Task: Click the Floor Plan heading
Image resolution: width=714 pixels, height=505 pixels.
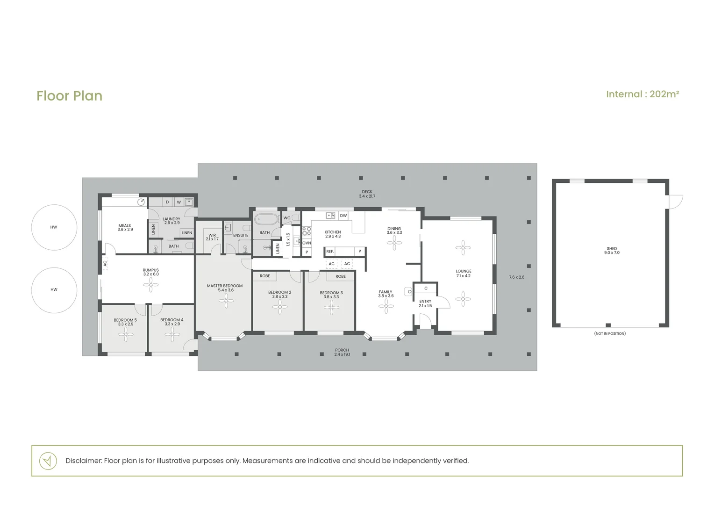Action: [x=70, y=96]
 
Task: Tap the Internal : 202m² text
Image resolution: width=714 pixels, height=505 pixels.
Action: [x=643, y=94]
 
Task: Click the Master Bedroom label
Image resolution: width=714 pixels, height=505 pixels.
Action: [x=225, y=286]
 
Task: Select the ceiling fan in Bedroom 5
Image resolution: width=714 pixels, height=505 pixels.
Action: [x=126, y=335]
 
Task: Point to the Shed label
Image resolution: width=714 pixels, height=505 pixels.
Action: [x=612, y=248]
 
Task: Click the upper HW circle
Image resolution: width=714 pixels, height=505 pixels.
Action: [x=54, y=227]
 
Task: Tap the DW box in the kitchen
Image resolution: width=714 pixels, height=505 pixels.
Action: [x=343, y=216]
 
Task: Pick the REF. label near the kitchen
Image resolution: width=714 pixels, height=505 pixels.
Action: [x=330, y=252]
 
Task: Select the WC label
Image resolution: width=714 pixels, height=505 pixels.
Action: [x=287, y=218]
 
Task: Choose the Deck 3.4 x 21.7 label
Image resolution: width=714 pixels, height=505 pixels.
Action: [x=367, y=194]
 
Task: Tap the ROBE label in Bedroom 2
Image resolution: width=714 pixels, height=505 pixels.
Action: [x=265, y=276]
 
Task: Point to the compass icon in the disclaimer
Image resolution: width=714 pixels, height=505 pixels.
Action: [x=48, y=461]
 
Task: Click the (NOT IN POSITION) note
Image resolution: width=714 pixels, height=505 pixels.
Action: [x=610, y=333]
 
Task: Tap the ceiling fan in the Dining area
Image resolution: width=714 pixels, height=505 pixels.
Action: [x=394, y=243]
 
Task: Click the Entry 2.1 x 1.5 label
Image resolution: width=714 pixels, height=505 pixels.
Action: [x=425, y=303]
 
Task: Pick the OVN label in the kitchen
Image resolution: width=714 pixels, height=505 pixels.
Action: [x=307, y=243]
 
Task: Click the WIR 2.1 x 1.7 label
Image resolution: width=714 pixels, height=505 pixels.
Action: [x=212, y=237]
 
